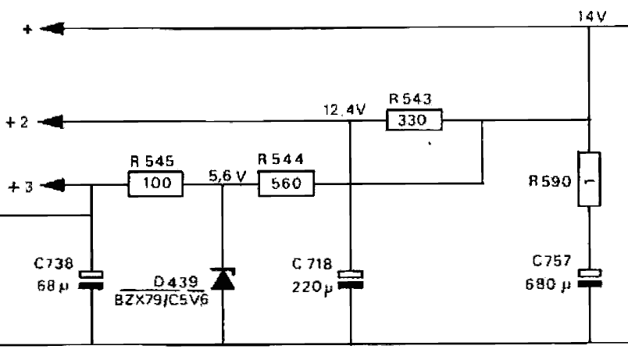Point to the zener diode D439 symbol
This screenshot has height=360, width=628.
(x=223, y=278)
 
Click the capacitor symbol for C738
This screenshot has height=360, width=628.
(x=92, y=279)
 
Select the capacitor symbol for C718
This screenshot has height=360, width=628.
(x=350, y=279)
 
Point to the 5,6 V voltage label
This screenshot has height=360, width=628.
(x=227, y=176)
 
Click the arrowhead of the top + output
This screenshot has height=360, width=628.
(x=50, y=29)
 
